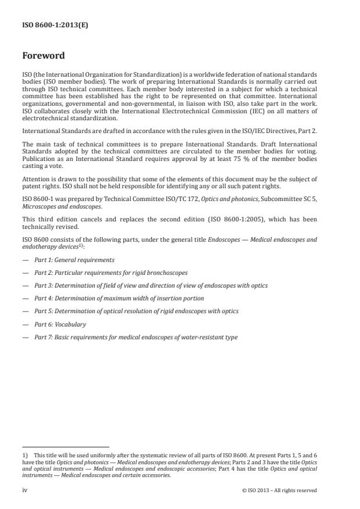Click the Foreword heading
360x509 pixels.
coord(44,56)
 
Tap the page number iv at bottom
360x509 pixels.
coord(25,490)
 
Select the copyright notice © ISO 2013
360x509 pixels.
coord(279,490)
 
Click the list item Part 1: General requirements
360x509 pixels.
coord(74,260)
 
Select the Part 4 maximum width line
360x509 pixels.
coord(119,298)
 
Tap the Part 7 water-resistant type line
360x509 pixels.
coord(135,337)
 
